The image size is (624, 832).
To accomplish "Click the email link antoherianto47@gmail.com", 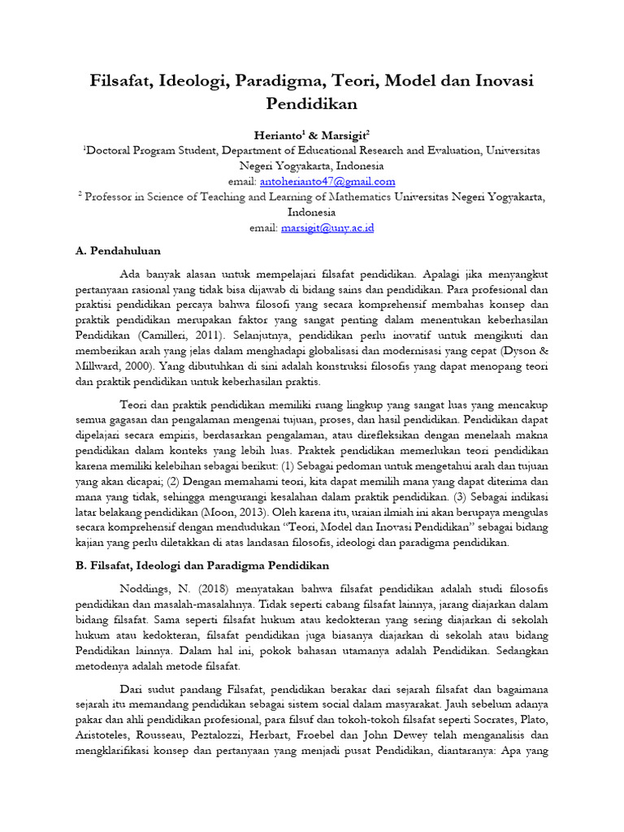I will tap(327, 181).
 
